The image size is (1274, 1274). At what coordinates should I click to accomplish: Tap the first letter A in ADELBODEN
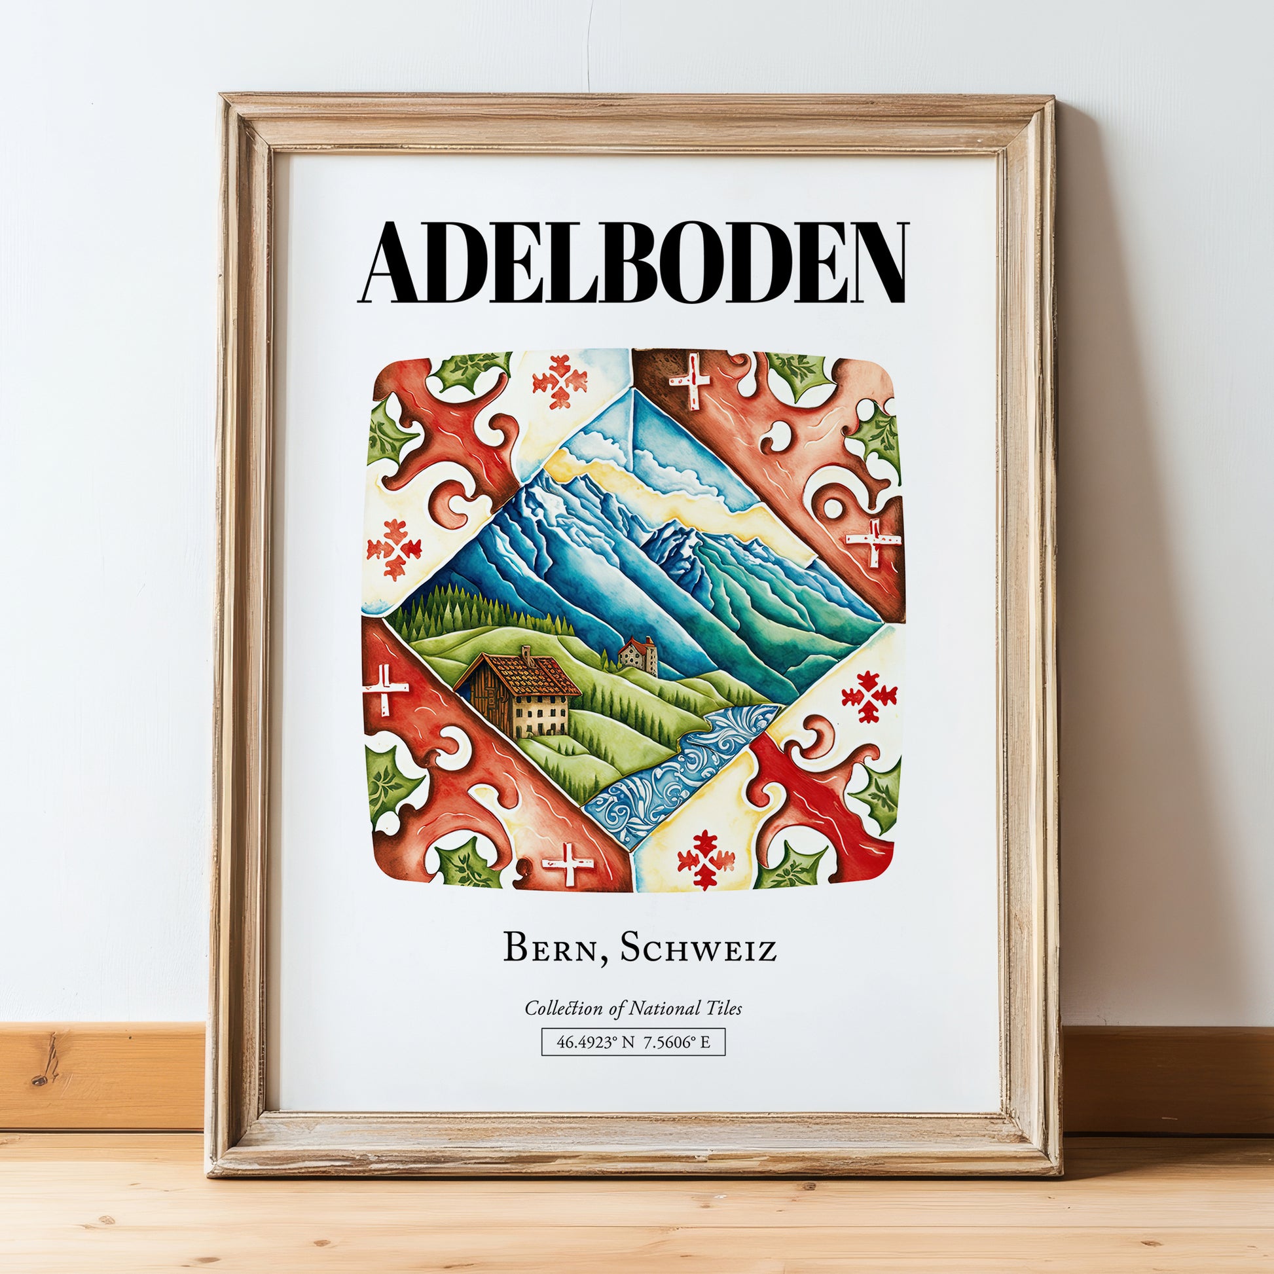pyautogui.click(x=395, y=263)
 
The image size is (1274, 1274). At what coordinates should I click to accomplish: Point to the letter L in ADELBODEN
pyautogui.click(x=562, y=263)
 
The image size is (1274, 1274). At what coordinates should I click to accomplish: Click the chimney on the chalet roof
pyautogui.click(x=527, y=653)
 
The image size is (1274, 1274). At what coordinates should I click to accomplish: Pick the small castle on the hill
pyautogui.click(x=638, y=655)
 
